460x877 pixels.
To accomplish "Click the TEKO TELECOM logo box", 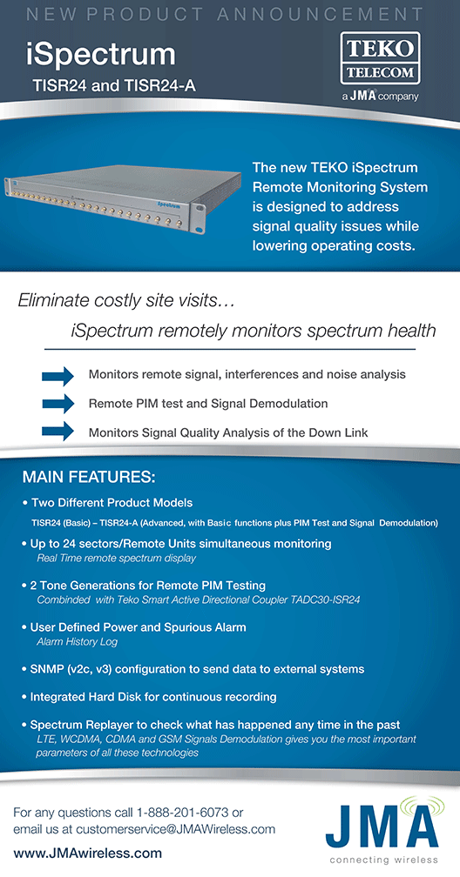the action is click(x=380, y=58).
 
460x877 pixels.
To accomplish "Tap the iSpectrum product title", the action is click(x=101, y=56).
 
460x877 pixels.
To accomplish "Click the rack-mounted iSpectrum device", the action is click(x=105, y=198).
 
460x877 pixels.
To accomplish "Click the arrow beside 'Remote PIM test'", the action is click(x=57, y=404).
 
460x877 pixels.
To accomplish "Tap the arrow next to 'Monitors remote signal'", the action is click(x=57, y=375).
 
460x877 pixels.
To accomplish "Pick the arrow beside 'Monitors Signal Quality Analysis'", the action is click(x=57, y=432).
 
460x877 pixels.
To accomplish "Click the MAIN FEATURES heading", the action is click(x=88, y=479).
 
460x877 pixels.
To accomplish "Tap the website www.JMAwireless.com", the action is click(x=87, y=854).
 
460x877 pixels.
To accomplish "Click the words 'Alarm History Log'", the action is click(x=77, y=641).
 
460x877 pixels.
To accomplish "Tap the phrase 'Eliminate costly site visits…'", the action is click(x=126, y=301).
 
